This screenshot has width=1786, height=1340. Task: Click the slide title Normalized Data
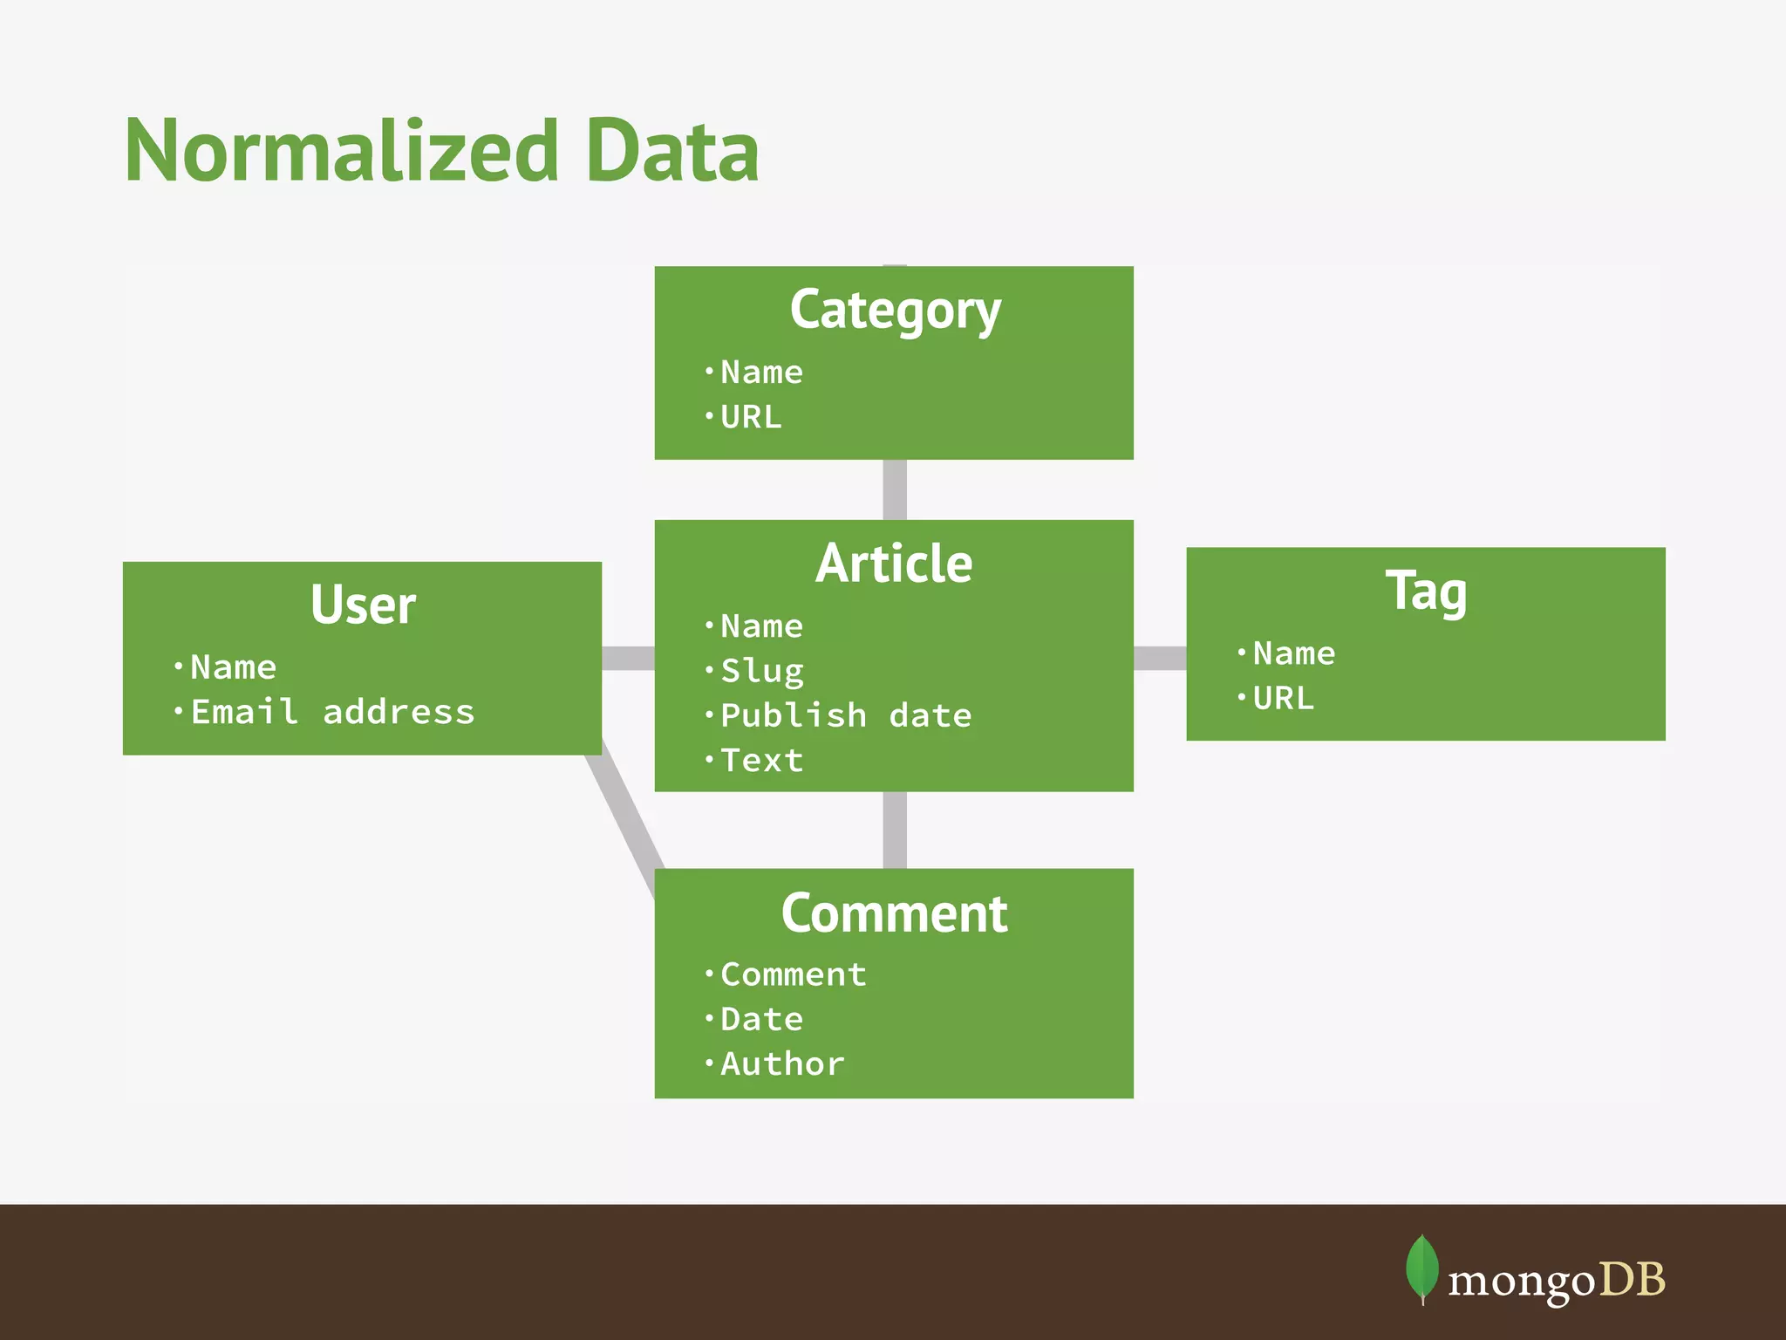441,152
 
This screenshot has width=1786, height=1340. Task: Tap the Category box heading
895,311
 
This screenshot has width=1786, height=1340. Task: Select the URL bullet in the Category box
751,417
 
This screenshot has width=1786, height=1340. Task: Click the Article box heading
894,564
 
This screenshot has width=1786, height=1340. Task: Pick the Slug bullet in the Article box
761,671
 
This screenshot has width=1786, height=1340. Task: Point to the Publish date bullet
845,715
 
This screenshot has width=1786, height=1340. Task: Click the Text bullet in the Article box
761,761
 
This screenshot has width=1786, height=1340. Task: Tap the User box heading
363,605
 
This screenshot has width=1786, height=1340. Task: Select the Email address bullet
332,712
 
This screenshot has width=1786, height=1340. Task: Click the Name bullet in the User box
233,667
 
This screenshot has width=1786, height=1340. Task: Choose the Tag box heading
1426,591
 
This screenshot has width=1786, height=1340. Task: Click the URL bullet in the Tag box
1283,699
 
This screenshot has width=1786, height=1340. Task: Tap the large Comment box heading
894,913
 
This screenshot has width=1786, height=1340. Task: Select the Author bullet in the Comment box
782,1064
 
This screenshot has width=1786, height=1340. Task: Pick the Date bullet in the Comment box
761,1019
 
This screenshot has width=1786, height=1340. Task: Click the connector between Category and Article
895,489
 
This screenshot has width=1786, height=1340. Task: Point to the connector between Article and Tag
1160,658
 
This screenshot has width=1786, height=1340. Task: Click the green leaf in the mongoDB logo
1422,1268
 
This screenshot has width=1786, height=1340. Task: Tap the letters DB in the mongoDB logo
1632,1281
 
